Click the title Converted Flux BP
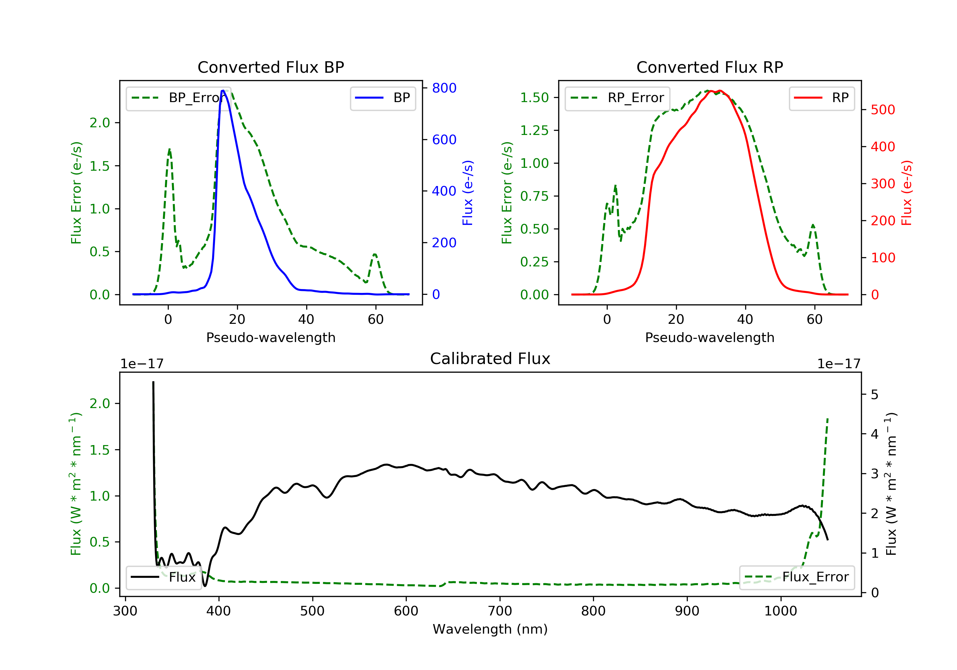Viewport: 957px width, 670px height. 271,67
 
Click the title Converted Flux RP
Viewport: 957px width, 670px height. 709,67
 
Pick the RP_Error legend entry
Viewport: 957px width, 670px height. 617,98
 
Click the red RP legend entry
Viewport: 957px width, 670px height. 821,98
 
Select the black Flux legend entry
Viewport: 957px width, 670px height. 163,577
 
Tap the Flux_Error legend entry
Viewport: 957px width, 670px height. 797,577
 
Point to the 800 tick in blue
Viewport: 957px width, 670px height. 444,88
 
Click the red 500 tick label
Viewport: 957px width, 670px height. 883,110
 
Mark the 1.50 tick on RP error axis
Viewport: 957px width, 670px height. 534,98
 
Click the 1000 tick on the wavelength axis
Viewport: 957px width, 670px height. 780,611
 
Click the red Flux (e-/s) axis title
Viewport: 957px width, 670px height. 907,193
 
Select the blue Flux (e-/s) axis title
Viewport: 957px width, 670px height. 468,193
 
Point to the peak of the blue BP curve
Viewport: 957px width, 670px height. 223,91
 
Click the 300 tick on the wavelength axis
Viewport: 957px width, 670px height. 125,611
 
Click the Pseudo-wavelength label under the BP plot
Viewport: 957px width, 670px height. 271,338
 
